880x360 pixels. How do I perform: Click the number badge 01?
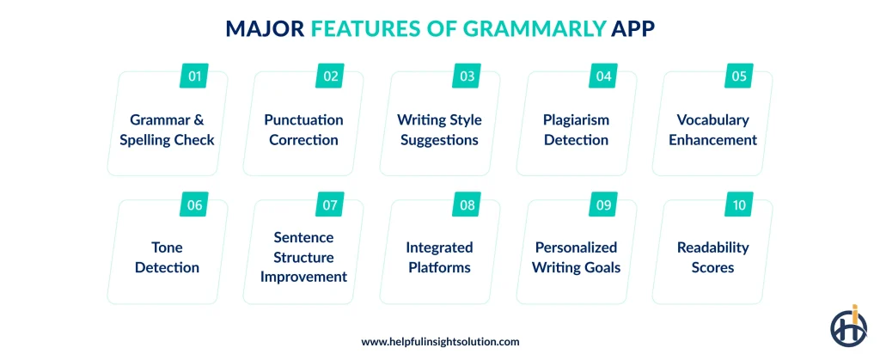[x=195, y=76]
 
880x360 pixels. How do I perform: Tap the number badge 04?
[x=603, y=76]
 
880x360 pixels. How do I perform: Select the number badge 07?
[x=331, y=205]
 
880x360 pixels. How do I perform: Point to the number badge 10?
[x=740, y=205]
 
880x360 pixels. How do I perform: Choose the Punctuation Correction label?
[x=303, y=130]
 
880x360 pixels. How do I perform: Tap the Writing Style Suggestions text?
[x=439, y=130]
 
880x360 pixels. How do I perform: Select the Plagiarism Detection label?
[x=576, y=130]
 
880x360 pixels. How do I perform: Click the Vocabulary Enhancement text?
[x=712, y=130]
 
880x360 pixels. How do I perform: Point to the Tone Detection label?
[x=168, y=257]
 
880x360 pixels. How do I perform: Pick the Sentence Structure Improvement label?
[x=303, y=257]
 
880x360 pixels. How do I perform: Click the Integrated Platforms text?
[x=439, y=257]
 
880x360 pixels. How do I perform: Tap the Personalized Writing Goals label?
[x=576, y=257]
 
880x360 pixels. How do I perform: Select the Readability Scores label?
[x=712, y=257]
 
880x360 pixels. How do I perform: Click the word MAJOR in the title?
[x=264, y=29]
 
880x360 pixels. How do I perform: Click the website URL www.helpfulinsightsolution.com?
[x=440, y=341]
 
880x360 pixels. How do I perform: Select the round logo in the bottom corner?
[x=848, y=327]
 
